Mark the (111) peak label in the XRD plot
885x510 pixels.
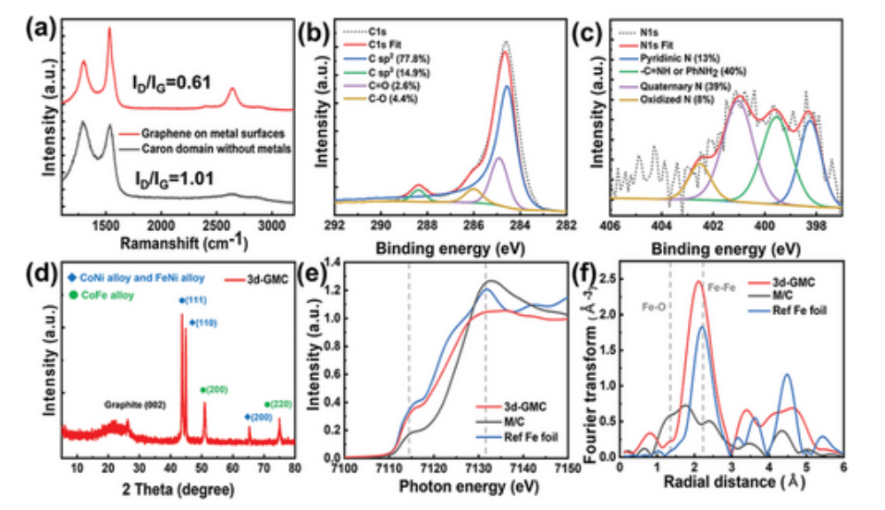[x=195, y=301]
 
